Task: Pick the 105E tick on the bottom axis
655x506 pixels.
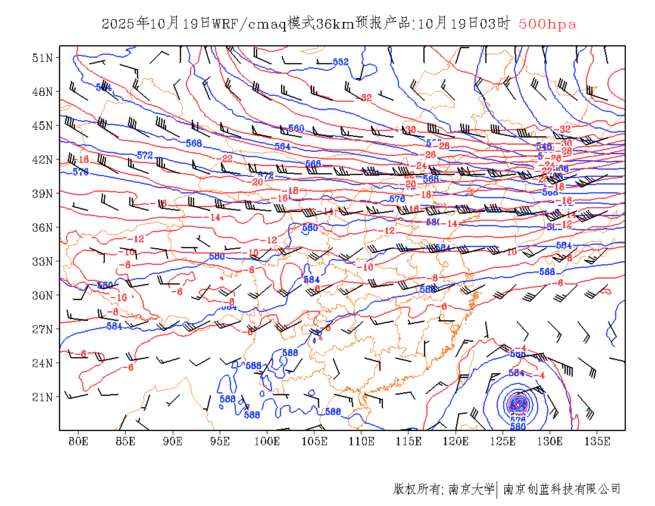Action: coord(314,441)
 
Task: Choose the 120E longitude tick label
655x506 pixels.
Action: coord(456,441)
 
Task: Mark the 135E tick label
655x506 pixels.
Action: coord(597,441)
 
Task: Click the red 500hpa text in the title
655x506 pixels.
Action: coord(547,24)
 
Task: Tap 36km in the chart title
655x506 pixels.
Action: coord(335,24)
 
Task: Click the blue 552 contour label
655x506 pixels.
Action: coord(341,62)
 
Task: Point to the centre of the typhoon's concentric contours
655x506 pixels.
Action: coord(517,405)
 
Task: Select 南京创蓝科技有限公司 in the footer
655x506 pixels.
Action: coord(562,489)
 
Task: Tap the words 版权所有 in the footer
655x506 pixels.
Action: coord(416,489)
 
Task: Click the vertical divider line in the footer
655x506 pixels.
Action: coord(497,489)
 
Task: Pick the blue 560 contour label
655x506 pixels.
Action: coord(296,129)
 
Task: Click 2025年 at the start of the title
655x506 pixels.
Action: coord(125,24)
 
